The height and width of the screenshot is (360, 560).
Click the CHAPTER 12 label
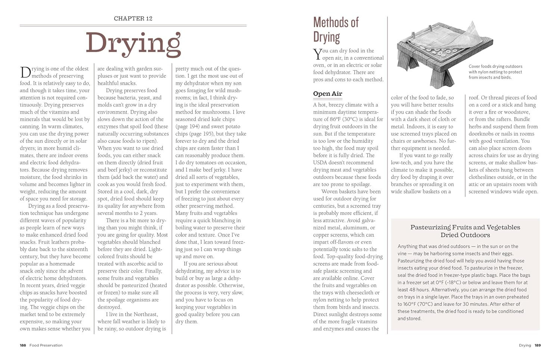(133, 18)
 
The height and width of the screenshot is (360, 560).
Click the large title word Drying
(133, 44)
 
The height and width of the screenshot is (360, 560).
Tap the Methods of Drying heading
(336, 30)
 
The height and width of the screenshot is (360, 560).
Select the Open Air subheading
(327, 94)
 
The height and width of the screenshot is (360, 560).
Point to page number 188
(23, 345)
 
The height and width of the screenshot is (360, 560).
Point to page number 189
(537, 345)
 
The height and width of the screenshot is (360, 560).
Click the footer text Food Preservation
(46, 345)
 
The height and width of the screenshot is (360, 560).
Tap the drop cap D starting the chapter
(25, 72)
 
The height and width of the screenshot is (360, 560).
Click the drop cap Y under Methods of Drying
(317, 54)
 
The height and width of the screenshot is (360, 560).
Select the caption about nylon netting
(495, 72)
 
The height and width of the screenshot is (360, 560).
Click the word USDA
(321, 162)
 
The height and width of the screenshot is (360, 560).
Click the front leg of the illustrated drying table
(442, 77)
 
